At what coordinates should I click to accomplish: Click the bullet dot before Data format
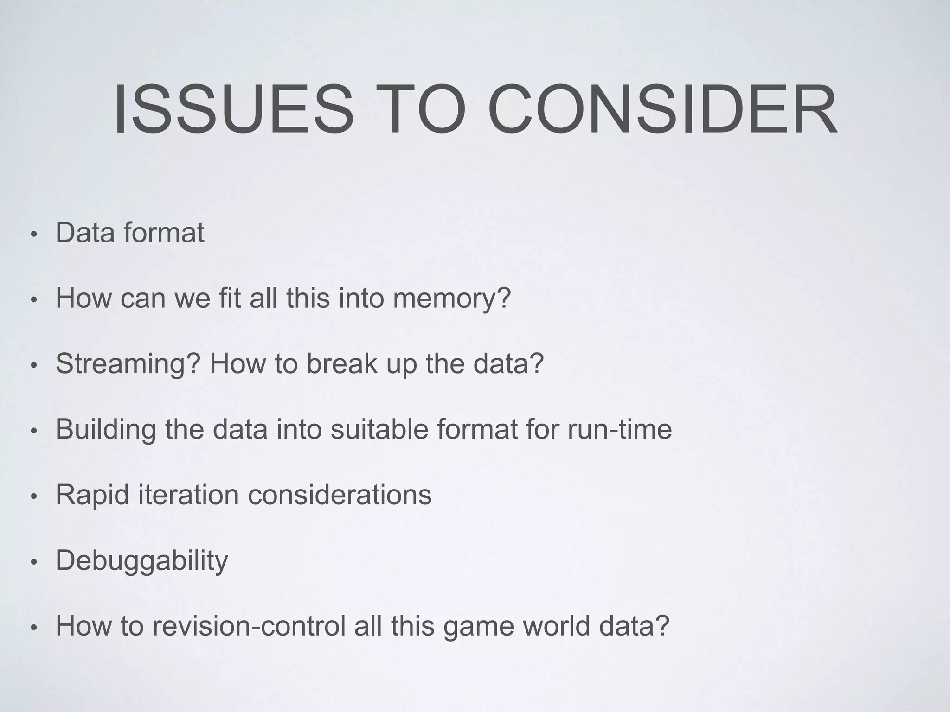pos(32,235)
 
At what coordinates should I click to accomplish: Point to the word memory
pos(451,299)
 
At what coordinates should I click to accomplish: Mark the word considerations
pos(340,495)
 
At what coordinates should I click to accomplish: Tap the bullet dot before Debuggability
pos(32,563)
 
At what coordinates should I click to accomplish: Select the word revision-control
pos(249,626)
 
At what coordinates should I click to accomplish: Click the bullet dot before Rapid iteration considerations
pos(32,497)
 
